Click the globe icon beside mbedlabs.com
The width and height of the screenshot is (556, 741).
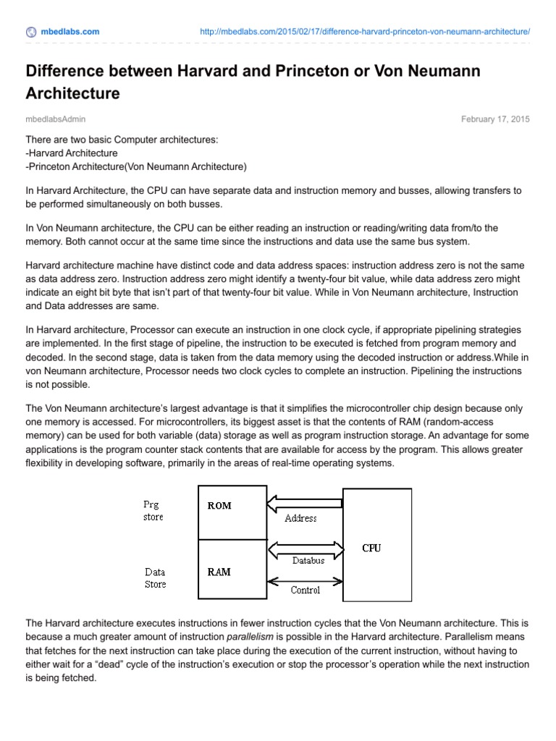pos(30,32)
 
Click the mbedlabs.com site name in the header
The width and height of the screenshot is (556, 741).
pos(70,32)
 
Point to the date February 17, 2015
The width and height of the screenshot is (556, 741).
pos(495,119)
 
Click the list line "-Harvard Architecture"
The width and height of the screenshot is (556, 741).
pos(72,153)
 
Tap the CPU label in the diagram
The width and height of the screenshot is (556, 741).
pos(371,548)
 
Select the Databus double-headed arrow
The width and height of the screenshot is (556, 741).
pos(305,548)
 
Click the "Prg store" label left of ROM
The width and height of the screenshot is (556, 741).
pos(153,511)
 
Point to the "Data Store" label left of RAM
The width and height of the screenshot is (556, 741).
pos(155,577)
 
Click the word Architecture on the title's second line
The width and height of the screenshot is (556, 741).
pos(72,93)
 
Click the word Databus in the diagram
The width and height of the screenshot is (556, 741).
pos(308,560)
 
